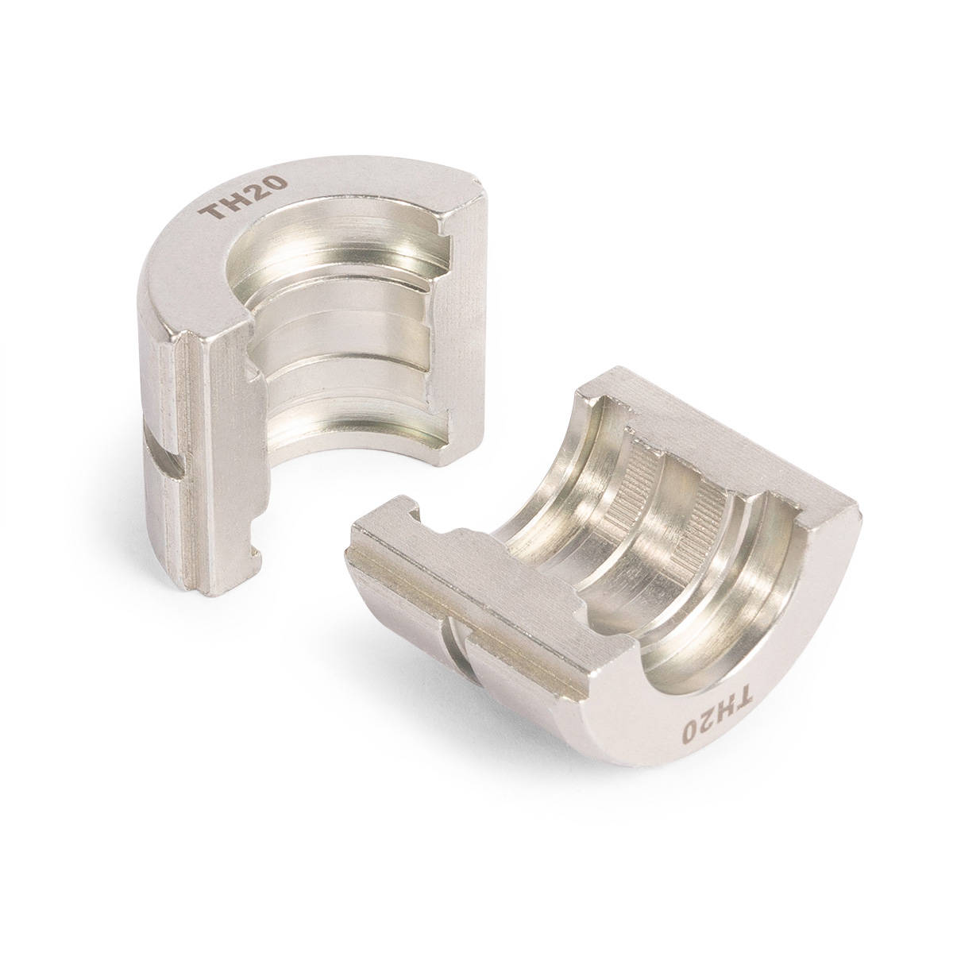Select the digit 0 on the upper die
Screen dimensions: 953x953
point(276,183)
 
